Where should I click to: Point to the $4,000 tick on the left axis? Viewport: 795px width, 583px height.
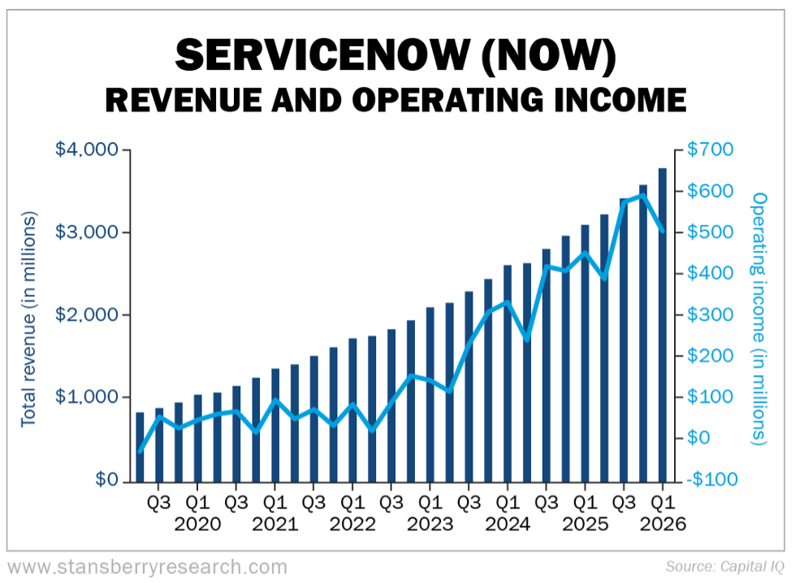87,150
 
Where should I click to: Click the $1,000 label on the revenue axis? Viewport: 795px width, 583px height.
87,397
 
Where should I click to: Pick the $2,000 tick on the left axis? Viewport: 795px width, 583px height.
87,315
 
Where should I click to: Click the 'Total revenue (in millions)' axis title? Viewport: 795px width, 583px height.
28,318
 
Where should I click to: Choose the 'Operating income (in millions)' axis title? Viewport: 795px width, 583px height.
759,318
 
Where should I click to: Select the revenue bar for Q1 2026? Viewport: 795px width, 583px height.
663,324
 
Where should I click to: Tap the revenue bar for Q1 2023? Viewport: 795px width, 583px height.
430,394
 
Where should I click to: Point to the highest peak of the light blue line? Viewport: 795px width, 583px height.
643,195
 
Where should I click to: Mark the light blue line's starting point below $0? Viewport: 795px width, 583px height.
140,451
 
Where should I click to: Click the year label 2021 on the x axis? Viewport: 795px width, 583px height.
274,525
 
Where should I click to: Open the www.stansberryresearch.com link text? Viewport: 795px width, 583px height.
147,566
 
